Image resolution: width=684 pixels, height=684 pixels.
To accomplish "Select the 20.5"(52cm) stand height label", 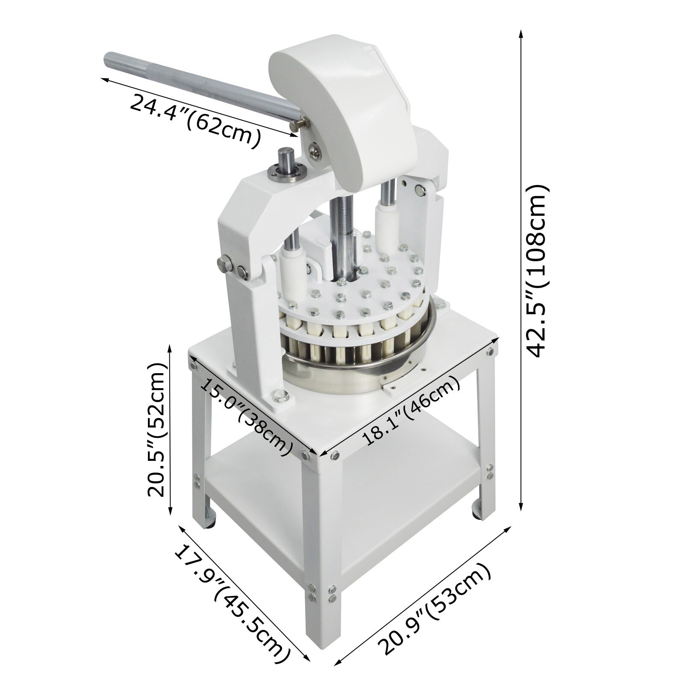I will [156, 429].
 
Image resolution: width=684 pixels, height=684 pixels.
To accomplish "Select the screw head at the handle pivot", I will [315, 150].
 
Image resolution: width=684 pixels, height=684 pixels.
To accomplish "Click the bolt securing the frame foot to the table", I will [280, 397].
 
